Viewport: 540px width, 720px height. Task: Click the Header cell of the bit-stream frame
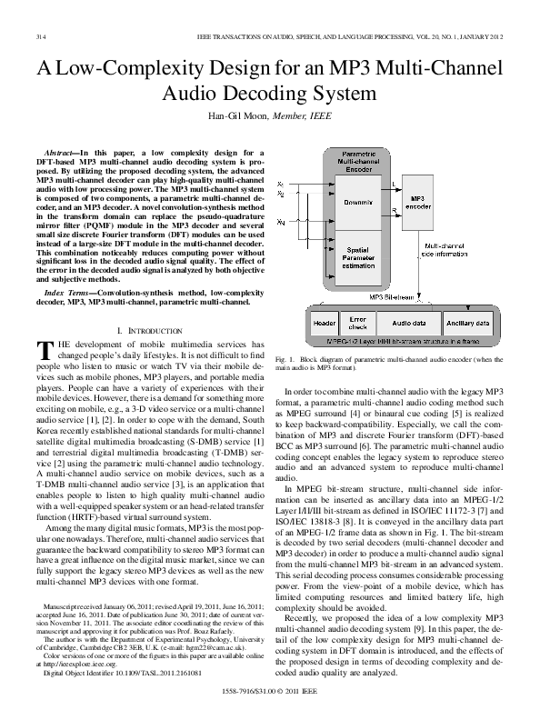(324, 322)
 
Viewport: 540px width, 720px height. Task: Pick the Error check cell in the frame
(358, 322)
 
